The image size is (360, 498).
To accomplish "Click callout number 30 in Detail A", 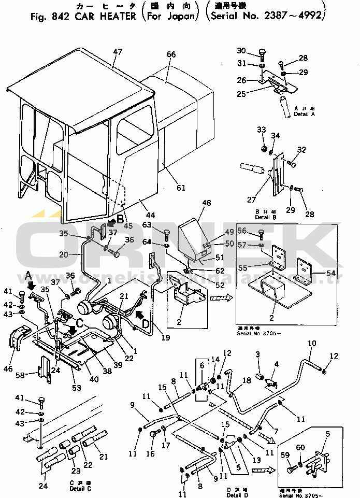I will pyautogui.click(x=241, y=50).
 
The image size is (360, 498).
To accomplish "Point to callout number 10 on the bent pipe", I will pyautogui.click(x=312, y=344).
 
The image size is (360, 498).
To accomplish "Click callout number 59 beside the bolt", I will pyautogui.click(x=285, y=455).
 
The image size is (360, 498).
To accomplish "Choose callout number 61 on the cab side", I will pyautogui.click(x=180, y=187).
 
